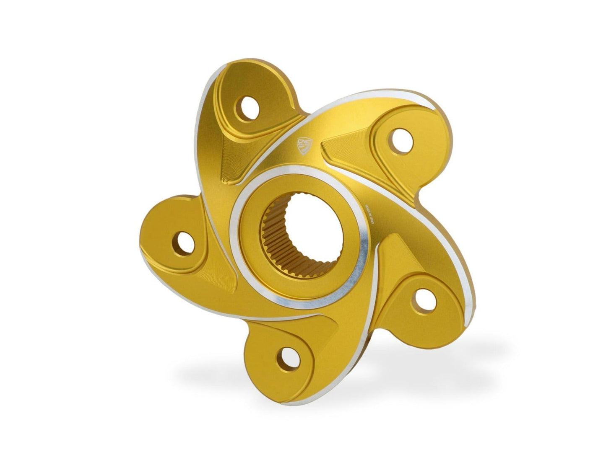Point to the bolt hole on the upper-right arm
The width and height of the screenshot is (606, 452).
point(395,137)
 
